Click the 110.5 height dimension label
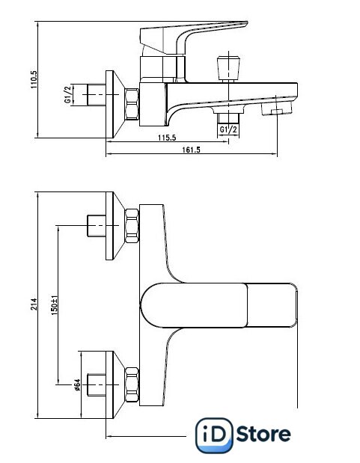coord(34,79)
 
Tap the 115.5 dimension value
coord(167,138)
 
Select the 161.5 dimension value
coord(191,150)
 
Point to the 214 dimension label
coord(34,304)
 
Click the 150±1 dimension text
coord(54,305)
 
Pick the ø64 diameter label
coord(77,384)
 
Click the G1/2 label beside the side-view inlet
coord(68,94)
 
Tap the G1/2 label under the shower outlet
coord(228,129)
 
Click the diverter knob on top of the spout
coord(228,67)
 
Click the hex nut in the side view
coord(132,104)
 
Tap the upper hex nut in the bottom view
coord(132,226)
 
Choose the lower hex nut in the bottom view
coord(132,384)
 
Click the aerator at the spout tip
coord(276,108)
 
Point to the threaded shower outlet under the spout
coord(228,117)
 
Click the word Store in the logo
coord(263,435)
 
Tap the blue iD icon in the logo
coord(214,435)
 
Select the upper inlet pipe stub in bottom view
coord(97,226)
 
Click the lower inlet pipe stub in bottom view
coord(97,384)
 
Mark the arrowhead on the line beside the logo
coord(109,436)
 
